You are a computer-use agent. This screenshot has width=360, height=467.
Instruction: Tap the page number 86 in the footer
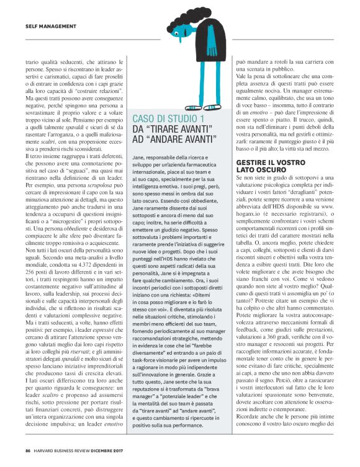coord(28,451)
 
